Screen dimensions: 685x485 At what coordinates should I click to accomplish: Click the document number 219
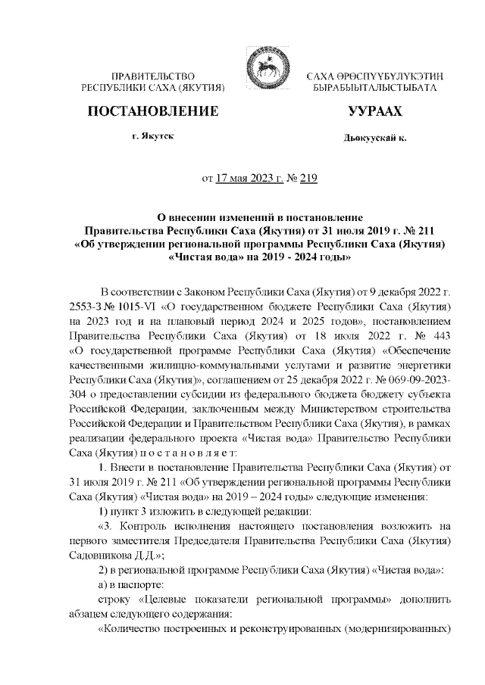click(x=308, y=179)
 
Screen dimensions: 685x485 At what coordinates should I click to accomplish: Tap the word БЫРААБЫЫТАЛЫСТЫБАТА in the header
click(x=374, y=89)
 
